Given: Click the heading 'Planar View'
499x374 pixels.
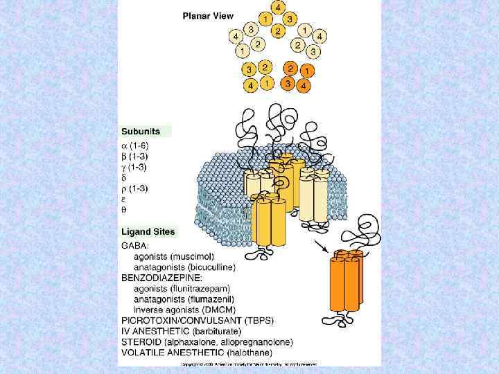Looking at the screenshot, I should coord(209,15).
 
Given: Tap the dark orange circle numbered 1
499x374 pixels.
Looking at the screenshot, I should coord(306,71).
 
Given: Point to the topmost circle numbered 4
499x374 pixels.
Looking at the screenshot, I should coord(277,8).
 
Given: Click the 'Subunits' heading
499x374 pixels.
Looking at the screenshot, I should coord(141,131).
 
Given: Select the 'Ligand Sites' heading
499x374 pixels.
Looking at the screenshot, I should coord(148,232).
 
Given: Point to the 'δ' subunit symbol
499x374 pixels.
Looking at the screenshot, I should coord(125,177).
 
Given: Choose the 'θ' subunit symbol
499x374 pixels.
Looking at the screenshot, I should coord(125,210).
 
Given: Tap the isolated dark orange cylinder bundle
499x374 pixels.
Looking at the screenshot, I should coord(347,284).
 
